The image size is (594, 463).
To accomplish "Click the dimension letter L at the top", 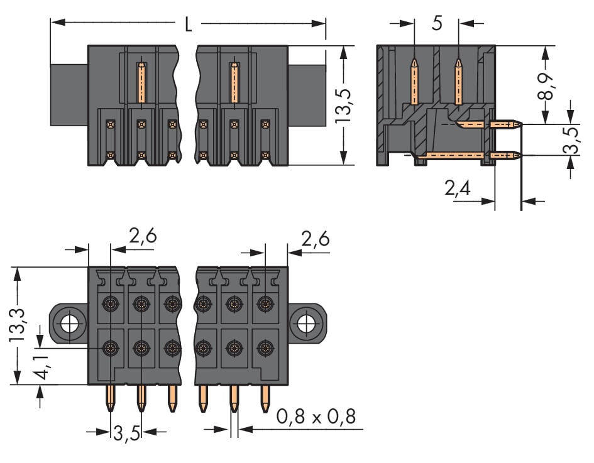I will [188, 25].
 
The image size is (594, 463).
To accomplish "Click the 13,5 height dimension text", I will [342, 106].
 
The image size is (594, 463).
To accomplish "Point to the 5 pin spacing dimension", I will [437, 24].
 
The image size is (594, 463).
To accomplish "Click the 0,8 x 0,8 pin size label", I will [317, 416].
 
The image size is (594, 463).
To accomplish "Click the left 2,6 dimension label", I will [142, 237].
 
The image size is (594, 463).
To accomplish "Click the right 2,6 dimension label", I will [316, 239].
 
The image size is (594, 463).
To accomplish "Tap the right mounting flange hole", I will [306, 324].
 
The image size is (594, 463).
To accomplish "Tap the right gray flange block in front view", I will [307, 94].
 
